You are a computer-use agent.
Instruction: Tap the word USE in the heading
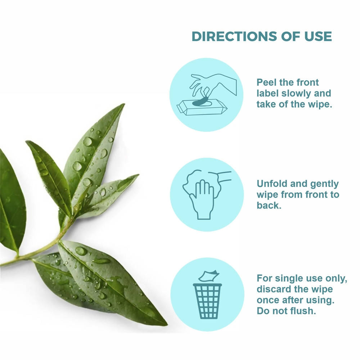[318, 36]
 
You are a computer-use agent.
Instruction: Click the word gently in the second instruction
[324, 184]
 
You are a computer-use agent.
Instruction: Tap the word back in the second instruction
[269, 205]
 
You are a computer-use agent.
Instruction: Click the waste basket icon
[207, 301]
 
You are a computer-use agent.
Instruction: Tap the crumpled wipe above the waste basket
[209, 276]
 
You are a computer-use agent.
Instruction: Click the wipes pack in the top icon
[202, 107]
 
